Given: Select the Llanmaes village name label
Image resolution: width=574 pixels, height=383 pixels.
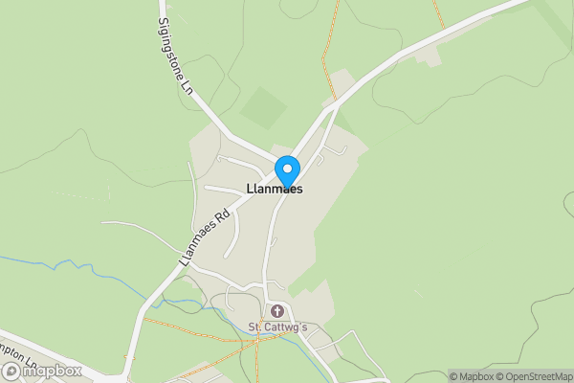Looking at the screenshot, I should [275, 190].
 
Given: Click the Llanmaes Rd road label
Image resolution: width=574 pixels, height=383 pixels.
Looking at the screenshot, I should [207, 237].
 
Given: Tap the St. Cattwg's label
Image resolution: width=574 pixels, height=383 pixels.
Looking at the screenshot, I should [277, 327].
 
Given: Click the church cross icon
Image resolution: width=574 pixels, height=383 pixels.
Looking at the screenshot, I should [277, 311].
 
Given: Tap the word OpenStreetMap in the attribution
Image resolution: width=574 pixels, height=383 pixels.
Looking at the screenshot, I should [539, 376].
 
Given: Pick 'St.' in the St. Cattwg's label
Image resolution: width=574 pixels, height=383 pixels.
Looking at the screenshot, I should [255, 327].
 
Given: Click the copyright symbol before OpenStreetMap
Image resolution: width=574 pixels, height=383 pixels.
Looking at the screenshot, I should [499, 376].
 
